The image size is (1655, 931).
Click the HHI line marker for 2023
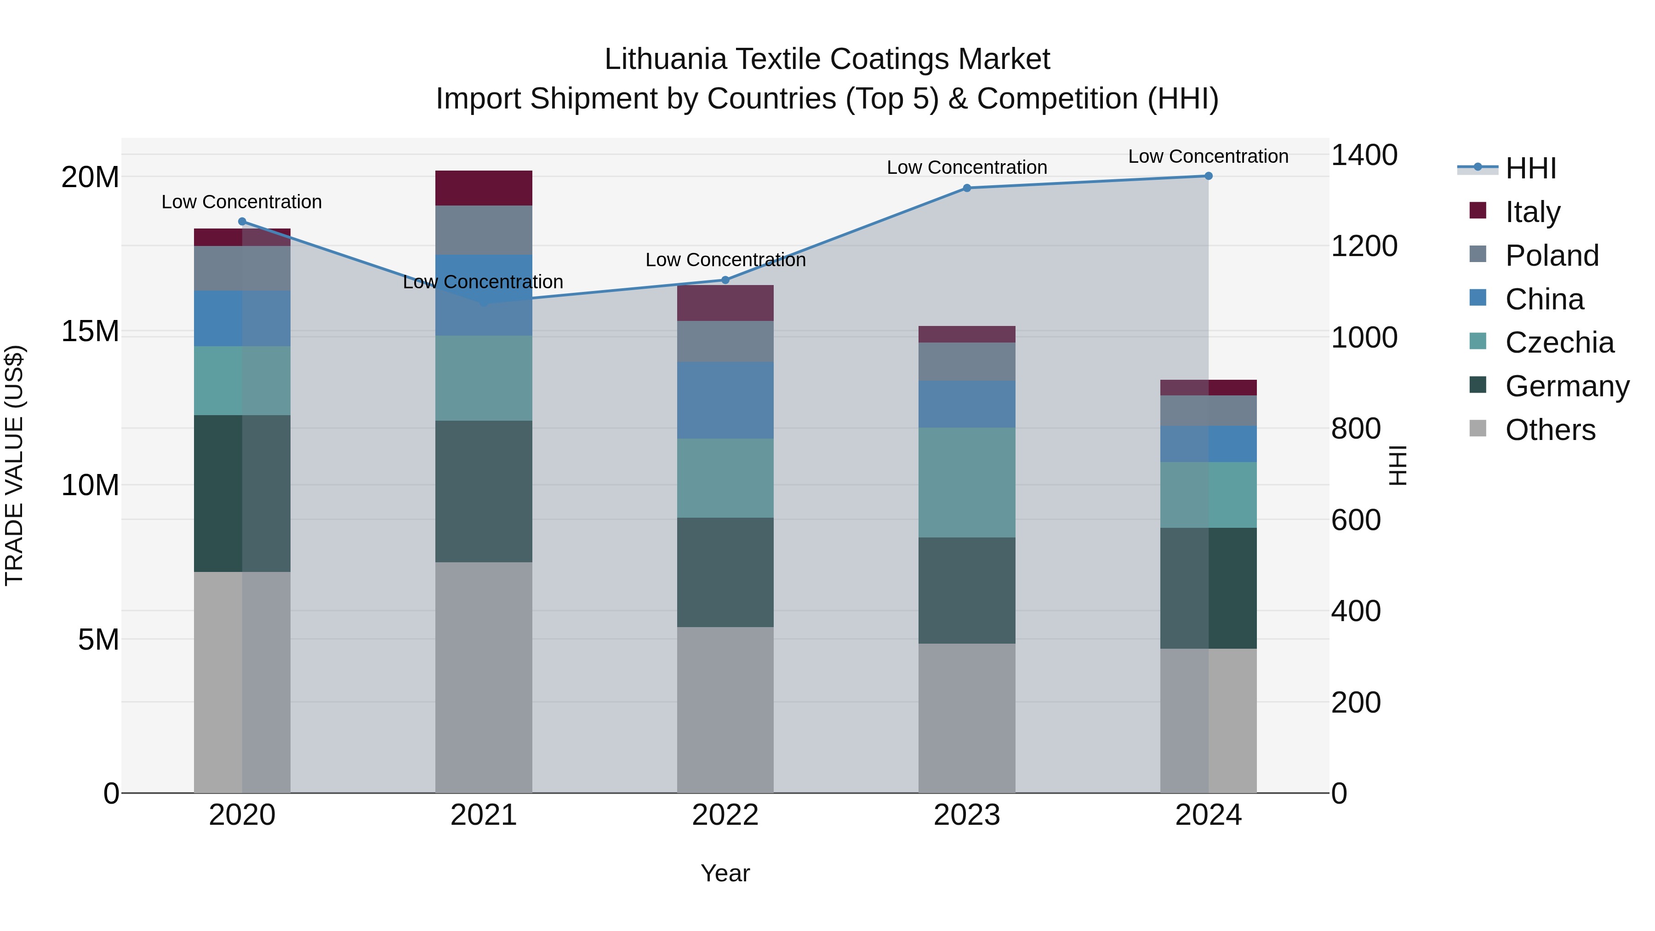tap(967, 188)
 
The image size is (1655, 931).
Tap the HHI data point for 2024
tap(1209, 176)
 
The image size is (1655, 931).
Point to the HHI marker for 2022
tap(725, 280)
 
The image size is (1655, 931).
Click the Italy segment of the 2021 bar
tap(484, 188)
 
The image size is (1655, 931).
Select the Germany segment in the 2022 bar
tap(725, 572)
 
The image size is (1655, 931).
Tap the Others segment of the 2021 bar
tap(484, 677)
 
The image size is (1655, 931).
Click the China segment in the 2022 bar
tap(725, 400)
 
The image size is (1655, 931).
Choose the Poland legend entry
tap(1552, 256)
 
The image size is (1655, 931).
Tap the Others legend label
tap(1550, 430)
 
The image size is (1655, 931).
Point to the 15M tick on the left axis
tap(90, 331)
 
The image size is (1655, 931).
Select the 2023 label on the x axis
tap(967, 815)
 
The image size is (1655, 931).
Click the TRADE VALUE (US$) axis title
tap(15, 465)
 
